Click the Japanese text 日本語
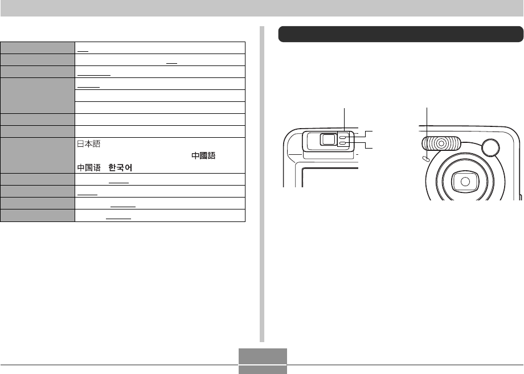[88, 143]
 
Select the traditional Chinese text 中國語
[203, 155]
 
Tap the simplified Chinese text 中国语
[89, 167]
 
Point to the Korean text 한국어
[120, 167]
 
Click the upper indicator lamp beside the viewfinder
[342, 137]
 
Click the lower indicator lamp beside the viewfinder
[342, 143]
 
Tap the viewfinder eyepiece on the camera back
[329, 139]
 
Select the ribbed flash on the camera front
[441, 143]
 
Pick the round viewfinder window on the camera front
[490, 147]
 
